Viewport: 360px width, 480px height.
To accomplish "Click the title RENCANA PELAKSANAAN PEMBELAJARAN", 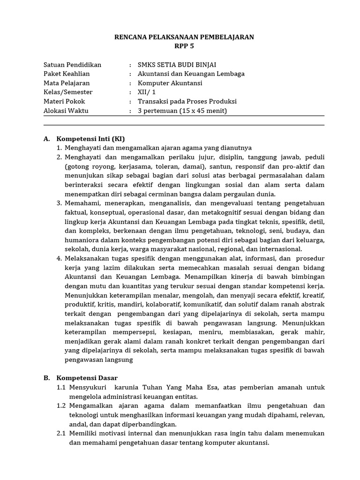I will point(184,37).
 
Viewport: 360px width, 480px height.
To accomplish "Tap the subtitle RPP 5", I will point(184,46).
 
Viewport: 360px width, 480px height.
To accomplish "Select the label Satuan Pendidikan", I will point(72,65).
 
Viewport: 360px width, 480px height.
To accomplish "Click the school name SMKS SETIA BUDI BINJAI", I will point(177,65).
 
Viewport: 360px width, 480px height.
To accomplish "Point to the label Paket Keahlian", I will point(67,74).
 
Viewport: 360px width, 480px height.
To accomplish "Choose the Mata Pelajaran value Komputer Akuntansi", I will point(170,83).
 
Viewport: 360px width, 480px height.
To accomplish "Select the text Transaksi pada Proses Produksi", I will point(187,101).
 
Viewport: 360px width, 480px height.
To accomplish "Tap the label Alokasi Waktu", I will point(66,111).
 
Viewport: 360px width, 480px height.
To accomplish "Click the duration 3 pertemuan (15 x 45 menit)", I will point(182,111).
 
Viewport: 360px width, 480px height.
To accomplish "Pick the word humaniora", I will point(80,240).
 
